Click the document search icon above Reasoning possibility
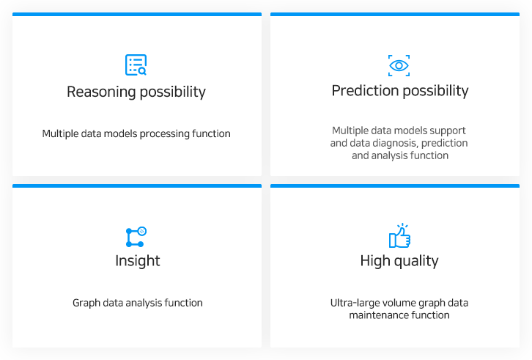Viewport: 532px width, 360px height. click(x=136, y=65)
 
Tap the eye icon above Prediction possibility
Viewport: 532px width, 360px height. click(x=399, y=65)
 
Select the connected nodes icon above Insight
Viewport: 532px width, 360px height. click(x=136, y=237)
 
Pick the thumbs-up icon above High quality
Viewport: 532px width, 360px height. click(x=399, y=235)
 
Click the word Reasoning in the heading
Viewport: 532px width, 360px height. click(x=101, y=92)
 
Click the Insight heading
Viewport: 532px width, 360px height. click(x=138, y=261)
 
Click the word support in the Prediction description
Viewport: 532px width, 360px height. click(x=448, y=131)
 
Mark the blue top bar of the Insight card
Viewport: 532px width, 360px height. click(x=137, y=185)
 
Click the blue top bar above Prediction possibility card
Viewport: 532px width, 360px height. click(x=395, y=14)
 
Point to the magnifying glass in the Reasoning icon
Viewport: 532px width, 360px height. click(x=142, y=71)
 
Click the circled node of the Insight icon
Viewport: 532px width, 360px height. click(x=142, y=231)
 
